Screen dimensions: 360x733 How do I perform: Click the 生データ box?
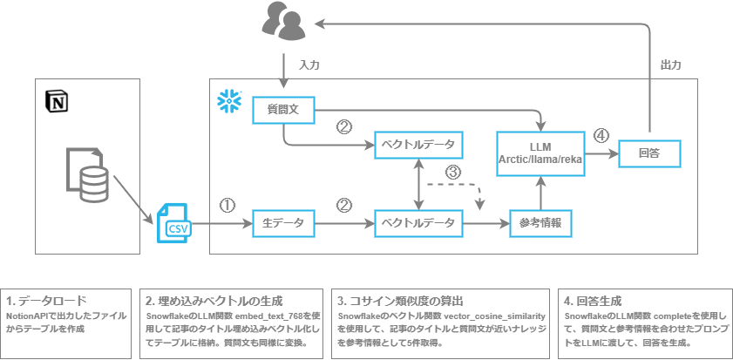coord(283,223)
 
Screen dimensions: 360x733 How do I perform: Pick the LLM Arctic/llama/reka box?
coord(540,152)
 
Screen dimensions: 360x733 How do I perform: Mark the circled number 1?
coord(227,206)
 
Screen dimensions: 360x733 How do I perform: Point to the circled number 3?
coord(451,172)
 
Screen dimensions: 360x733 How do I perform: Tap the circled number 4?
coord(601,135)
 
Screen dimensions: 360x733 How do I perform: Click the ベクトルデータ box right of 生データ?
coord(418,223)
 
